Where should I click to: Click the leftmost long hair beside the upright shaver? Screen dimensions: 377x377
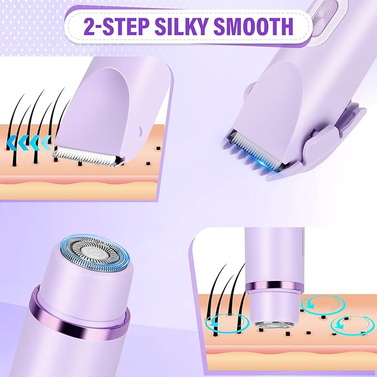click(x=215, y=300)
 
